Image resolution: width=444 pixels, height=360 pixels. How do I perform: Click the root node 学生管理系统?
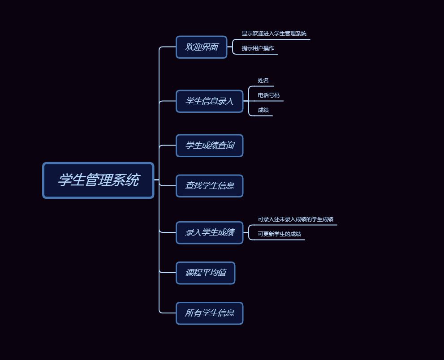pyautogui.click(x=98, y=180)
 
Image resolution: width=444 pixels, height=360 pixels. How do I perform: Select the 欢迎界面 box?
pyautogui.click(x=202, y=47)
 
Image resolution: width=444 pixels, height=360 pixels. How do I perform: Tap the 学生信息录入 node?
pyautogui.click(x=209, y=101)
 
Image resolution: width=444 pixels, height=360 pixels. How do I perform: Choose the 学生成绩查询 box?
pyautogui.click(x=209, y=146)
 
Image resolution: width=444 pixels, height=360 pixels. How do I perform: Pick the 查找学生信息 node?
pyautogui.click(x=209, y=185)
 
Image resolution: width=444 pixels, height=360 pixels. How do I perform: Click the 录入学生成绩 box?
pyautogui.click(x=209, y=232)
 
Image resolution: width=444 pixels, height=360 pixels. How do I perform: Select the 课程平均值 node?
pyautogui.click(x=205, y=273)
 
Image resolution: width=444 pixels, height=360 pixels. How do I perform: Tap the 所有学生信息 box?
pyautogui.click(x=209, y=313)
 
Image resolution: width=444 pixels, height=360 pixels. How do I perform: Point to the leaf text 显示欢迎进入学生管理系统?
pyautogui.click(x=274, y=34)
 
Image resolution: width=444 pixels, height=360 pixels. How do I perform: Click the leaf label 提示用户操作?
pyautogui.click(x=258, y=48)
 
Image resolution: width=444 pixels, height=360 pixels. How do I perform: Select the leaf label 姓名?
pyautogui.click(x=263, y=81)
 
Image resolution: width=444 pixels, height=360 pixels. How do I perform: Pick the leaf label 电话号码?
pyautogui.click(x=268, y=95)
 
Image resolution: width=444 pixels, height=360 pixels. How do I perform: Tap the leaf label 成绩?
pyautogui.click(x=263, y=110)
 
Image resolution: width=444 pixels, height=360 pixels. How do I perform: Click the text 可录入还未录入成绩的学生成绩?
pyautogui.click(x=295, y=219)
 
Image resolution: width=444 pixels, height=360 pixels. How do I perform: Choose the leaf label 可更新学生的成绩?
pyautogui.click(x=279, y=234)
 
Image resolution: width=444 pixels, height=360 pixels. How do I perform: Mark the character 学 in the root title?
pyautogui.click(x=65, y=180)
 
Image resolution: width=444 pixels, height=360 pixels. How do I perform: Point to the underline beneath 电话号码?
pyautogui.click(x=269, y=101)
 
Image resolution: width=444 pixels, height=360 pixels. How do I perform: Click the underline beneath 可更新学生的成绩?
pyautogui.click(x=279, y=240)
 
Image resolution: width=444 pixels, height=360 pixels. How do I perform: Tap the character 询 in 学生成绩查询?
pyautogui.click(x=229, y=146)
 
